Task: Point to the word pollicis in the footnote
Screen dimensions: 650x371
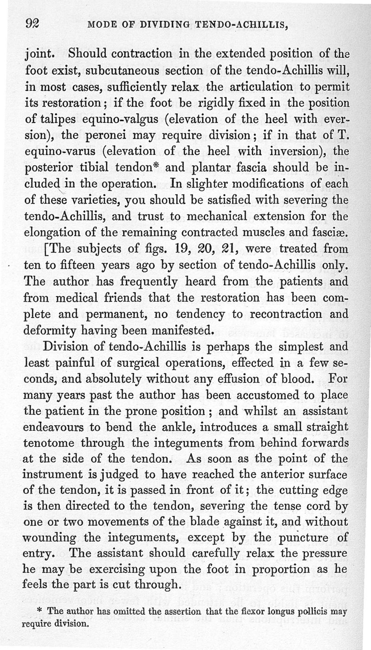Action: click(x=317, y=612)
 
